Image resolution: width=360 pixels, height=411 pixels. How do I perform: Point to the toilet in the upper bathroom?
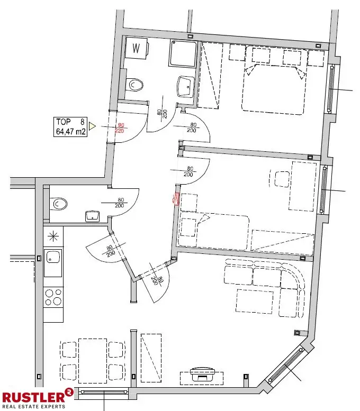pyautogui.click(x=136, y=84)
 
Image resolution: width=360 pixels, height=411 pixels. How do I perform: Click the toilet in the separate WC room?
pyautogui.click(x=59, y=204)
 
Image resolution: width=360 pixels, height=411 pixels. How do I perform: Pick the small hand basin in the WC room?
pyautogui.click(x=93, y=215)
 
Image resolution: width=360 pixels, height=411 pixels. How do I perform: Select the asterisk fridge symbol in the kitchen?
pyautogui.click(x=53, y=236)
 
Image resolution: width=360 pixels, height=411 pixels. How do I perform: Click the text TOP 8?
pyautogui.click(x=70, y=122)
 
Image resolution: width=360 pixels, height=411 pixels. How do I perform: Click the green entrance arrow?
pyautogui.click(x=92, y=126)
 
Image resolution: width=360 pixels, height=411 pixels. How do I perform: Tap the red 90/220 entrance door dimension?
pyautogui.click(x=120, y=127)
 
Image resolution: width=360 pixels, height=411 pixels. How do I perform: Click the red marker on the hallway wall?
pyautogui.click(x=177, y=199)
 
